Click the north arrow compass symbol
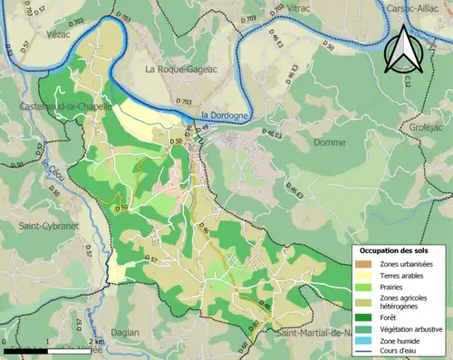403,49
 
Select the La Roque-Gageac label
177,68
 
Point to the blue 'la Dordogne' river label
222,115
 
